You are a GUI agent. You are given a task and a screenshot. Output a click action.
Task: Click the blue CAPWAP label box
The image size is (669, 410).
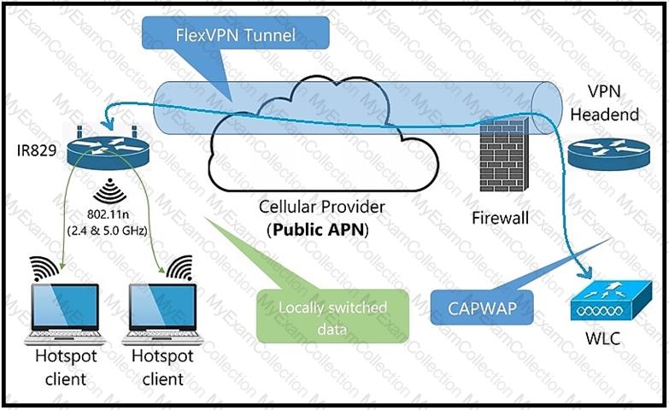click(483, 305)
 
